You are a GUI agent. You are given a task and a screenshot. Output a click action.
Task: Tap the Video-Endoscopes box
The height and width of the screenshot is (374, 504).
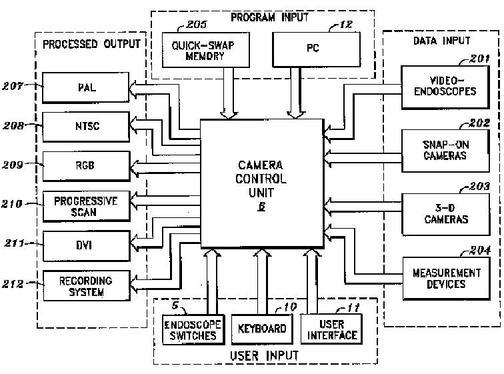click(439, 86)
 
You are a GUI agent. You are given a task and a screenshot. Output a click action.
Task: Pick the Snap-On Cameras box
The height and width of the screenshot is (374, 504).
click(439, 150)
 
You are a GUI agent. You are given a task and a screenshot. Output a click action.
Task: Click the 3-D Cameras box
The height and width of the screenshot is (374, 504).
click(439, 213)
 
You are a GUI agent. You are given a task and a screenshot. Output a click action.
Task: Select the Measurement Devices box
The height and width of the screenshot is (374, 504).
click(439, 278)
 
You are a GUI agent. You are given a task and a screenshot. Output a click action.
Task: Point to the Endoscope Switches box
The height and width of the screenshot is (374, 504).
click(194, 329)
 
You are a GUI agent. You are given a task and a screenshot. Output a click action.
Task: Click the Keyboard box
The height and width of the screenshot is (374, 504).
click(261, 328)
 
